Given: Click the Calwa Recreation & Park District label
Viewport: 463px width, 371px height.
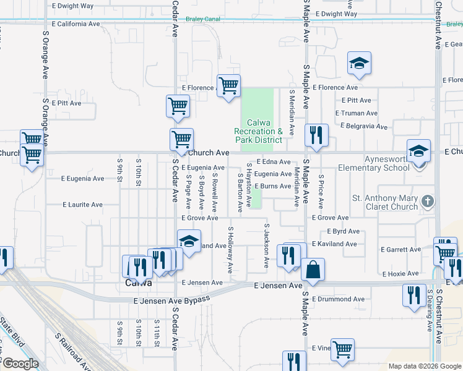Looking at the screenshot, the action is click(258, 131).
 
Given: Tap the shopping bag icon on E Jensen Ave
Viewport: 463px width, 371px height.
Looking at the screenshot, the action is click(313, 270).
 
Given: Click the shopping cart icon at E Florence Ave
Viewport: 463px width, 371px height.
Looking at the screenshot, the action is click(228, 85).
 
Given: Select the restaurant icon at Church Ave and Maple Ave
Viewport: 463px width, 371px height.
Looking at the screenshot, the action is click(316, 135).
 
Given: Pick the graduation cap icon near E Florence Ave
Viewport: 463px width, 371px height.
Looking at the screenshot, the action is click(359, 63).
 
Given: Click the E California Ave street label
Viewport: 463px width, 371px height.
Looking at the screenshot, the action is click(76, 24).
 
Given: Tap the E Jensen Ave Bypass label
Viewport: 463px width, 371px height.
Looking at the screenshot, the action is click(172, 300).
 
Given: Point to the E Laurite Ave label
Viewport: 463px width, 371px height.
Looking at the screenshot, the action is click(82, 205).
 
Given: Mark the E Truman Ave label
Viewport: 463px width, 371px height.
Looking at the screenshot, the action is click(356, 113).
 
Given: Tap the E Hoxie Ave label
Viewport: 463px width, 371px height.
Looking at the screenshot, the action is click(402, 273).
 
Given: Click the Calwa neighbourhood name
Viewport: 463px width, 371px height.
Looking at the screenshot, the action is click(138, 283).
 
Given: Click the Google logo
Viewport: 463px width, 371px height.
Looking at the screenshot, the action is click(20, 364).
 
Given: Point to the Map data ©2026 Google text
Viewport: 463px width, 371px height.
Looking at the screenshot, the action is click(424, 366).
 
